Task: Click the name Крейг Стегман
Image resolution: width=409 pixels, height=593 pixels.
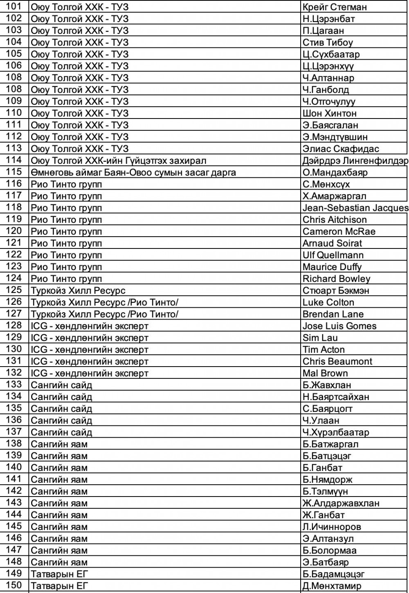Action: coord(335,7)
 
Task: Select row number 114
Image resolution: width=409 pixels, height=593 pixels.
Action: coord(14,161)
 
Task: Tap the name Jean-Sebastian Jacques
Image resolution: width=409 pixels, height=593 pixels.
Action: coord(355,208)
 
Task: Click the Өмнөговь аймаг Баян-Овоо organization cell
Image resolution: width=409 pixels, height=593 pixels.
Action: coord(133,172)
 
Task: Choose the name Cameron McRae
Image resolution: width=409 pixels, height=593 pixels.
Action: coord(339,232)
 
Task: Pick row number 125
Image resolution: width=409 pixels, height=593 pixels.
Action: coord(14,291)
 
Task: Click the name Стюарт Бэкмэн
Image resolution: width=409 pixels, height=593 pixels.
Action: coord(336,291)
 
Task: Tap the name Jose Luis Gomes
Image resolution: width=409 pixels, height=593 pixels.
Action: coord(339,326)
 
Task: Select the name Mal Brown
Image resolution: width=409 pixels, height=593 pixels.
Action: coord(325,373)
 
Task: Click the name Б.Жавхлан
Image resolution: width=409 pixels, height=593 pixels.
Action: coord(327,385)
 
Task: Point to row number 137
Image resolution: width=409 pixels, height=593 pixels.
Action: coord(14,432)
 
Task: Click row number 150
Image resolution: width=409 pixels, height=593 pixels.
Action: coord(14,586)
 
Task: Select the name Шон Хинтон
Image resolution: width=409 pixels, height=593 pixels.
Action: coord(329,113)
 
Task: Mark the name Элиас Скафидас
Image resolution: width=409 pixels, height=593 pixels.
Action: coord(341,149)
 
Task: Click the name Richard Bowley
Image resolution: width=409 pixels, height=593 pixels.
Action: coord(336,279)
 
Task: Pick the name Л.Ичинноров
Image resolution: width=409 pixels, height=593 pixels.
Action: coord(332,527)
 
